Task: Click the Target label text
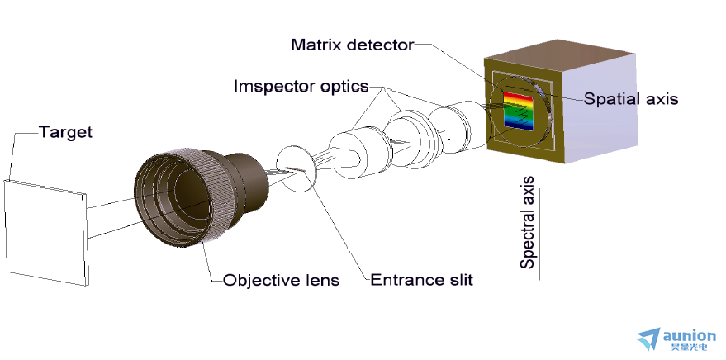(x=65, y=132)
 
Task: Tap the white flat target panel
(x=45, y=233)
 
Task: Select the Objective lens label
(x=281, y=281)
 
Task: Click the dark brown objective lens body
(x=202, y=197)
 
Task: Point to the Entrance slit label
(x=421, y=280)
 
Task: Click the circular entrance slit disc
(x=297, y=168)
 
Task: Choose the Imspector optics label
(x=301, y=86)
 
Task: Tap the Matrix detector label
(x=353, y=45)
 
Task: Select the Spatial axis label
(x=631, y=98)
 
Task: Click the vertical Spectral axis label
(x=528, y=223)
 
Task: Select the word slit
(x=461, y=280)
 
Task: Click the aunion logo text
(x=689, y=335)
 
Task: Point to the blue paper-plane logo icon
(x=648, y=339)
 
